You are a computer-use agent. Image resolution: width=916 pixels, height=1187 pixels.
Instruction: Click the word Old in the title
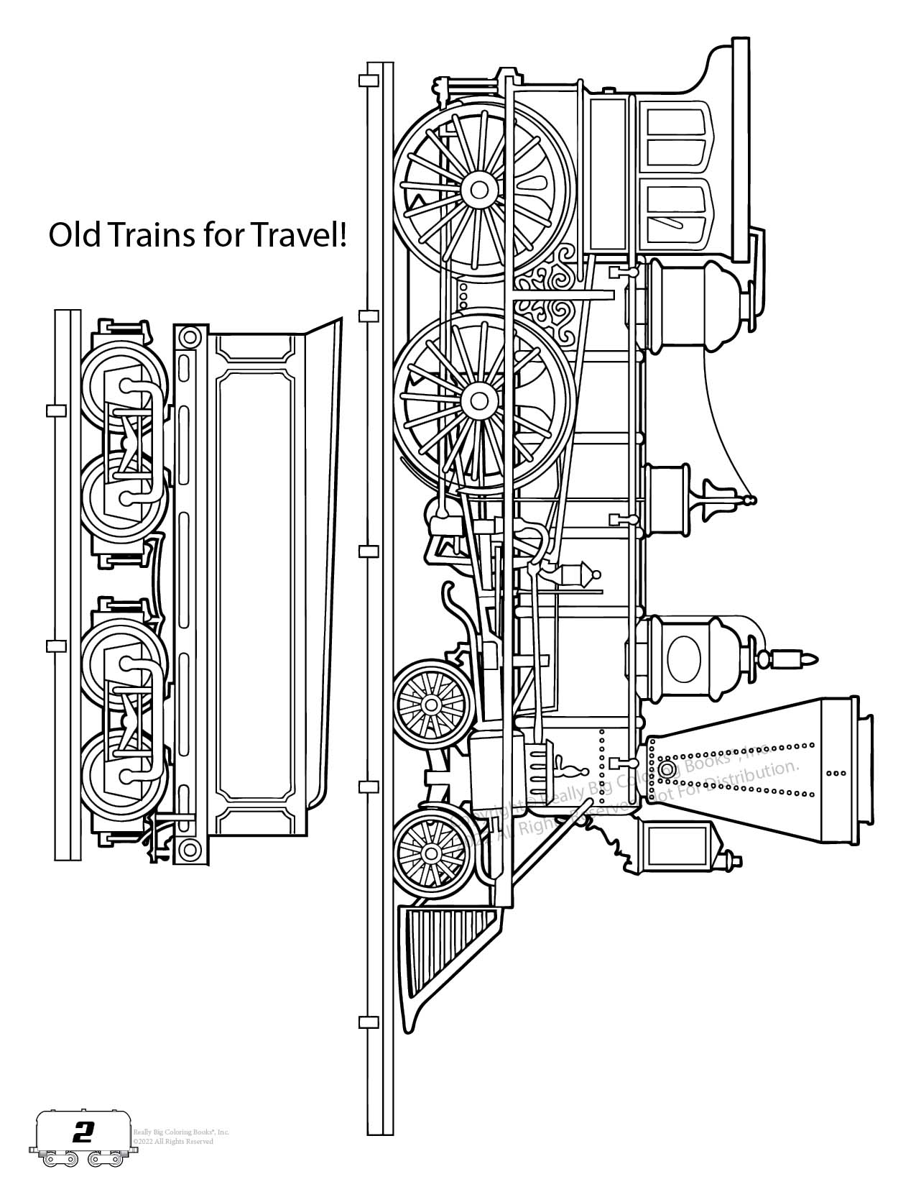point(74,234)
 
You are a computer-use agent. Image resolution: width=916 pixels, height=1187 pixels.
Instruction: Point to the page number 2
point(83,1134)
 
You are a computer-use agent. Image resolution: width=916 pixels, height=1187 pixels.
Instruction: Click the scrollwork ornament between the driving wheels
point(557,291)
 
